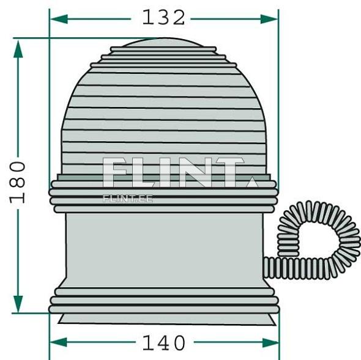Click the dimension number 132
[163, 18]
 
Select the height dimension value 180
[18, 182]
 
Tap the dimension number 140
[163, 343]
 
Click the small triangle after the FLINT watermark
[251, 182]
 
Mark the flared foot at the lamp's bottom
[163, 318]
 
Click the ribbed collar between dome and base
[163, 196]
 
